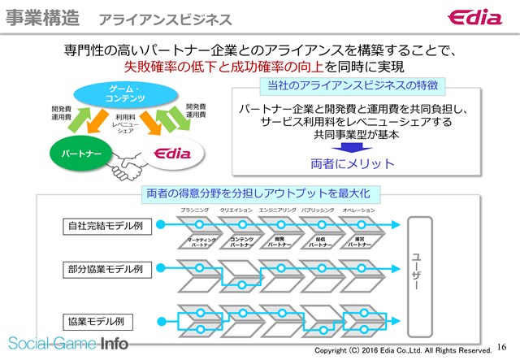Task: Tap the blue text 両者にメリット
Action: [x=353, y=164]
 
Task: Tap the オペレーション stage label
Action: [x=358, y=210]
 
